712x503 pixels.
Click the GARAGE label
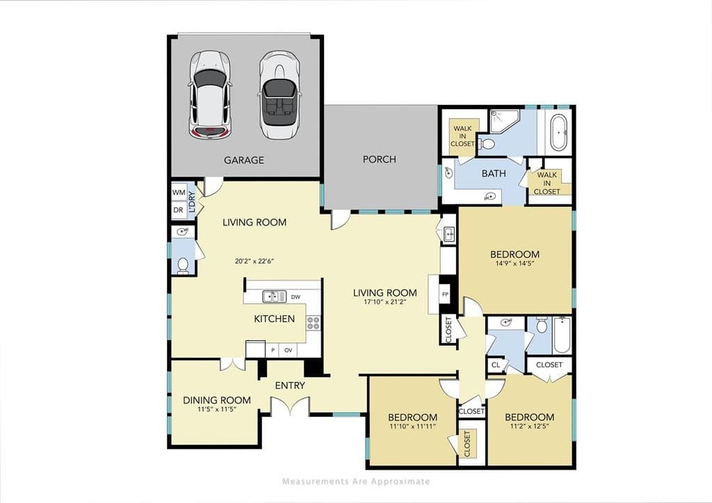pyautogui.click(x=244, y=160)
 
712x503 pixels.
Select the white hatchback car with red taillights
pyautogui.click(x=210, y=95)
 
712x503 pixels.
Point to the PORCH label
pyautogui.click(x=379, y=159)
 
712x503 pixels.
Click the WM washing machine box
pyautogui.click(x=179, y=192)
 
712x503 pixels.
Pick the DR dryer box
pyautogui.click(x=179, y=210)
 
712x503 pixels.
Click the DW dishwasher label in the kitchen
pyautogui.click(x=296, y=297)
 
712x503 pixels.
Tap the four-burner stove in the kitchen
pyautogui.click(x=313, y=323)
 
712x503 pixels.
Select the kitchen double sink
pyautogui.click(x=274, y=296)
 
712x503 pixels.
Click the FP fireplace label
pyautogui.click(x=446, y=294)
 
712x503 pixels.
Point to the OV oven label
pyautogui.click(x=289, y=351)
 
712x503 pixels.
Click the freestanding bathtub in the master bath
pyautogui.click(x=558, y=132)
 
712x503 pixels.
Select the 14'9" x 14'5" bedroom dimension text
pyautogui.click(x=515, y=263)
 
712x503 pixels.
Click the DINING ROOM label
pyautogui.click(x=217, y=400)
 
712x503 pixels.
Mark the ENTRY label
pyautogui.click(x=290, y=385)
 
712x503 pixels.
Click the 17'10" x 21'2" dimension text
pyautogui.click(x=385, y=301)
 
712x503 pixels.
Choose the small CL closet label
pyautogui.click(x=496, y=365)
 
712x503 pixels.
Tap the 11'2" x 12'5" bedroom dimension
pyautogui.click(x=529, y=426)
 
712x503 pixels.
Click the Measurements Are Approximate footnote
pyautogui.click(x=356, y=481)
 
